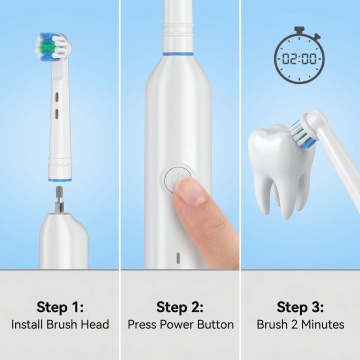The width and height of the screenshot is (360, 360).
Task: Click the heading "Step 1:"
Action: (x=60, y=307)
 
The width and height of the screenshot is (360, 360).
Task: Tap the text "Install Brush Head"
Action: (x=60, y=324)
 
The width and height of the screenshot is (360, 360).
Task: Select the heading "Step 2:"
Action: (x=180, y=307)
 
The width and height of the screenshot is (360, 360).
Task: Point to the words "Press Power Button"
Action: (x=180, y=324)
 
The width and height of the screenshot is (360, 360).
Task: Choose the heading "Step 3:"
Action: (x=300, y=307)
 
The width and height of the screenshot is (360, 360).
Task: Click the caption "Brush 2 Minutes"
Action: (x=300, y=324)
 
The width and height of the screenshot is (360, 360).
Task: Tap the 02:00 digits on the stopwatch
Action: (x=299, y=59)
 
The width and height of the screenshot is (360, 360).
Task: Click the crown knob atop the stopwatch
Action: (x=299, y=30)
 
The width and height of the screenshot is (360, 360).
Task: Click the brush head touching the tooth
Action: (x=305, y=130)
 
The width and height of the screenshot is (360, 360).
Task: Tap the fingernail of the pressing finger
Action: (x=190, y=192)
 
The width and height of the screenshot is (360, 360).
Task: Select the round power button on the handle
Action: (x=178, y=179)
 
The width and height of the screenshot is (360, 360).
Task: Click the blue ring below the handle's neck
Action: (x=178, y=53)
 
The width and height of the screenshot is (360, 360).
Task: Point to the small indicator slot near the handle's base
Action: (x=178, y=257)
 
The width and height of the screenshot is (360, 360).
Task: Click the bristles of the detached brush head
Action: (x=53, y=47)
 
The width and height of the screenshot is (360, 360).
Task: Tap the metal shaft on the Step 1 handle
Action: (x=59, y=199)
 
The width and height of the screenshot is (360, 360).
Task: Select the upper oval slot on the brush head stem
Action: (x=56, y=97)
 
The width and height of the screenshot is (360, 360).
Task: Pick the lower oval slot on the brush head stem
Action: (x=56, y=114)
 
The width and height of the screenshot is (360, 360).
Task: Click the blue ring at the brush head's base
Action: (x=60, y=180)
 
